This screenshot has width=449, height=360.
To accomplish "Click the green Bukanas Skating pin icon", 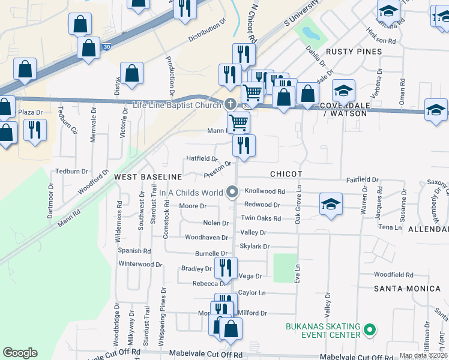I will tap(370, 329).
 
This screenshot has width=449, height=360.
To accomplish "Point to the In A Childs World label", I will tap(191, 193).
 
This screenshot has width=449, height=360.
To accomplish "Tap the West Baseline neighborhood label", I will tap(148, 177).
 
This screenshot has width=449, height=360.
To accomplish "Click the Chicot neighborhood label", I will tap(286, 173).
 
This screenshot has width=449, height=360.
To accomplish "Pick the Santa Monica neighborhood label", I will tap(407, 289).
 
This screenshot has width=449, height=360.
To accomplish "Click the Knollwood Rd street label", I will tap(265, 191).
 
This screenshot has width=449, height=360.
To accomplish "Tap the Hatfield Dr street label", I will tap(201, 158).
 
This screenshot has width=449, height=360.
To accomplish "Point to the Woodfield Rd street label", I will tap(393, 275).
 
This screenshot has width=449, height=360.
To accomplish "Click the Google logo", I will tap(20, 353).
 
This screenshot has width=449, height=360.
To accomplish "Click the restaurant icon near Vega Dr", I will tap(226, 268).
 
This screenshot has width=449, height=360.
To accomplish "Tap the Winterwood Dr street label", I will tap(140, 264).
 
